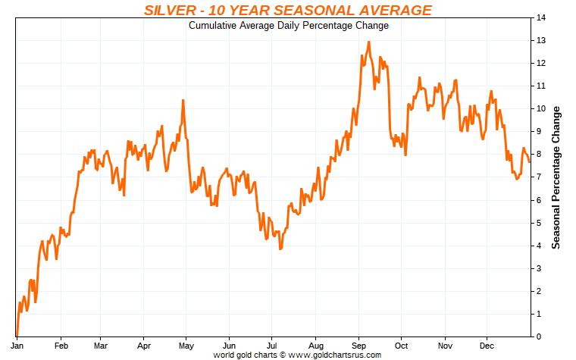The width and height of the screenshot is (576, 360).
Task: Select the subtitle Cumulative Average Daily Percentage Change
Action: [x=288, y=26]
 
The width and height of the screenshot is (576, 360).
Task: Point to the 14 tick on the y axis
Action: [x=541, y=17]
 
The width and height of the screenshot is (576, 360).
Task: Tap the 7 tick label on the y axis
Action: [x=539, y=177]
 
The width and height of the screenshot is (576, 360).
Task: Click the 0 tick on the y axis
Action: [x=539, y=336]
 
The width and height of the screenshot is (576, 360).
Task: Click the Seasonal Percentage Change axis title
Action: [x=556, y=177]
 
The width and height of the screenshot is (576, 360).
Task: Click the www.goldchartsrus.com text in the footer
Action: [x=335, y=354]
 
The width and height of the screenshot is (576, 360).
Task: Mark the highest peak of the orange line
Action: [x=368, y=42]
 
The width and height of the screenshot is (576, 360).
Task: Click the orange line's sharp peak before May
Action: [x=183, y=100]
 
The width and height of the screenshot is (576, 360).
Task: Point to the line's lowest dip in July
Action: [x=280, y=249]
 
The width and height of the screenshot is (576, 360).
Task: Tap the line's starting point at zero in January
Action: [x=16, y=335]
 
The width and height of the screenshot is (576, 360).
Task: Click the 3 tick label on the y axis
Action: [x=539, y=268]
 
